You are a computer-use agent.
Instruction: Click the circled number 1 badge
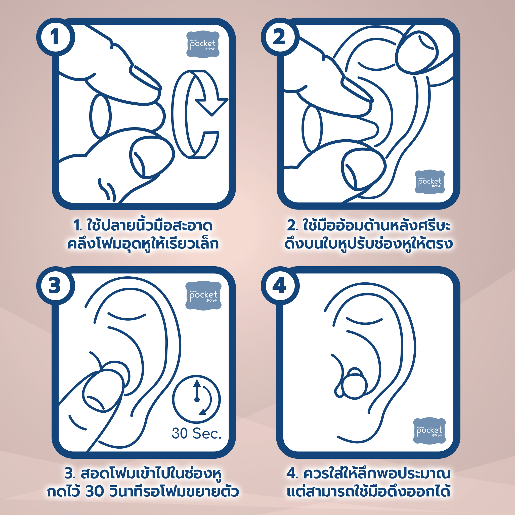tap(55, 37)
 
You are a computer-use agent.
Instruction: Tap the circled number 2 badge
tap(280, 37)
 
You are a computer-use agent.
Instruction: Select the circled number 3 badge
tap(55, 286)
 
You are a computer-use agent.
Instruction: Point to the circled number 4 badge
tap(280, 286)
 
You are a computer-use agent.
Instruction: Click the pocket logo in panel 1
tap(203, 44)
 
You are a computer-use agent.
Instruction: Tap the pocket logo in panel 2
tap(430, 182)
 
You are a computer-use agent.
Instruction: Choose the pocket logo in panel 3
tap(203, 295)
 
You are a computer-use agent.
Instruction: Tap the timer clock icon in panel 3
tap(196, 399)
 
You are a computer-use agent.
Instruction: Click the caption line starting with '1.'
tap(143, 226)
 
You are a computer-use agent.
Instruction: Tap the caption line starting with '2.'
tap(369, 226)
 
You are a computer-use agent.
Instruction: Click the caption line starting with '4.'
tap(369, 474)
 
